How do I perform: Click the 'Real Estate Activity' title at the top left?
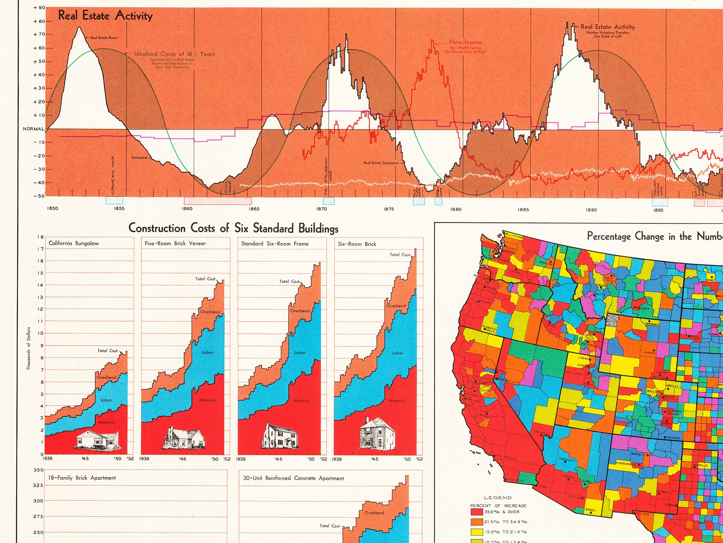pyautogui.click(x=105, y=16)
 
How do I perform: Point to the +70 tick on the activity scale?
pyautogui.click(x=39, y=34)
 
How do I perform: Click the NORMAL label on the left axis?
pyautogui.click(x=34, y=129)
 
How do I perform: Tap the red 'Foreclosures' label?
pyautogui.click(x=465, y=42)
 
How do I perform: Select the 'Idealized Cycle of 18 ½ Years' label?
pyautogui.click(x=174, y=54)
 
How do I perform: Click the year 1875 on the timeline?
pyautogui.click(x=389, y=209)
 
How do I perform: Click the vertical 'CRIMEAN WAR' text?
pyautogui.click(x=113, y=175)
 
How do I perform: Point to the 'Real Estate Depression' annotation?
pyautogui.click(x=381, y=163)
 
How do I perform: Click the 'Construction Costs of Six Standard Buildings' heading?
pyautogui.click(x=233, y=228)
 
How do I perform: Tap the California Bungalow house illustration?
pyautogui.click(x=97, y=439)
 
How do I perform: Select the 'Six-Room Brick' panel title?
pyautogui.click(x=357, y=244)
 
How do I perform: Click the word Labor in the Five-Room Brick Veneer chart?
pyautogui.click(x=207, y=352)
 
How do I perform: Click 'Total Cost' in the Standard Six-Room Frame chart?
pyautogui.click(x=289, y=281)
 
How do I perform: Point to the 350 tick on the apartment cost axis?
pyautogui.click(x=38, y=470)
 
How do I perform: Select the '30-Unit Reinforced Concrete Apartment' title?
pyautogui.click(x=293, y=478)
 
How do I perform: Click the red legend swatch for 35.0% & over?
pyautogui.click(x=476, y=512)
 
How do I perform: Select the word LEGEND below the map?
pyautogui.click(x=498, y=497)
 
